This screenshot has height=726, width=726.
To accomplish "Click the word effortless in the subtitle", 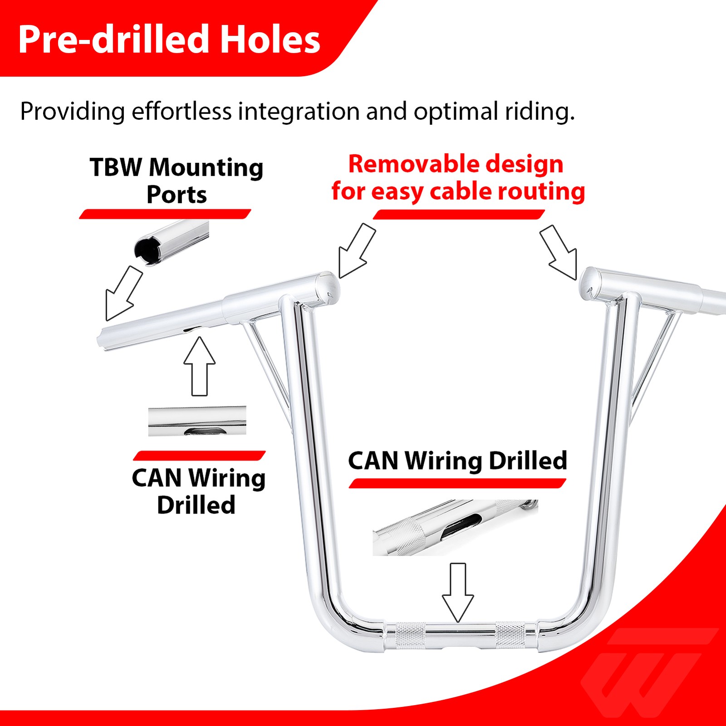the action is coord(181,111).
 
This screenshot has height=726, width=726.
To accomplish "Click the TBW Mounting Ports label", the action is coord(177,181).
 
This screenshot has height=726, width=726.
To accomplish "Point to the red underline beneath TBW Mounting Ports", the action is coord(165,214).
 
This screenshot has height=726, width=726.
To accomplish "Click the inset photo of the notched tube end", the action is coord(172,243).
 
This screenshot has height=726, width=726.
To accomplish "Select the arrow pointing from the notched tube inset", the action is coord(123,294).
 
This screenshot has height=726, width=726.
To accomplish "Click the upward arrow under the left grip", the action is coord(200,366).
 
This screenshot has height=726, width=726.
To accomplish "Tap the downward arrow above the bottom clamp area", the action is coord(458,593).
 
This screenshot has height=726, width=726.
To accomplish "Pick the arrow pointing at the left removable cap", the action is coord(357,250).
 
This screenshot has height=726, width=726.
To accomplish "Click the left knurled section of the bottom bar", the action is coord(411,634).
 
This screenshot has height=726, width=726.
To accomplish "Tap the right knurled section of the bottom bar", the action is coord(510,634).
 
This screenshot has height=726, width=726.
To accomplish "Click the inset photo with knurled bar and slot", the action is coord(455,528).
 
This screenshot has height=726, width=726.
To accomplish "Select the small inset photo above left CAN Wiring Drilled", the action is coord(197,422).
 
